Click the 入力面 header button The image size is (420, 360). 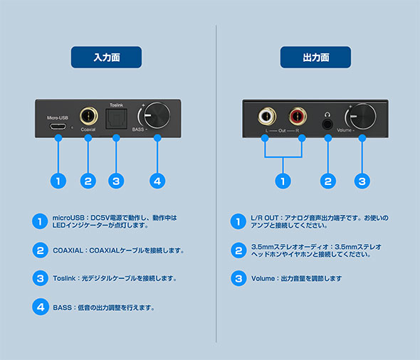click(106, 58)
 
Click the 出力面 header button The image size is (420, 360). click(315, 58)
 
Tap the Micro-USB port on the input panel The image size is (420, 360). click(58, 127)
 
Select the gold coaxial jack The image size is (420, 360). click(89, 116)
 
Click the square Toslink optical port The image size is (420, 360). click(116, 120)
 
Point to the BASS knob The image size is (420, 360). click(157, 115)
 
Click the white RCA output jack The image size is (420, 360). click(267, 116)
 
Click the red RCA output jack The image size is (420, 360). click(298, 116)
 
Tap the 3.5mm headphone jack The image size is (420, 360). click(327, 125)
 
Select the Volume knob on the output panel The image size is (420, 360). click(362, 116)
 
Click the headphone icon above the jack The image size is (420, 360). click(327, 115)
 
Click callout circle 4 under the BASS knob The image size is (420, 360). click(157, 181)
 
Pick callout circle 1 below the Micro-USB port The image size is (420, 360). click(58, 181)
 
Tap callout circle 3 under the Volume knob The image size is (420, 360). click(362, 181)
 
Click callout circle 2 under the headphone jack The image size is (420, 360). click(328, 181)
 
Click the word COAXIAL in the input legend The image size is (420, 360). click(68, 250)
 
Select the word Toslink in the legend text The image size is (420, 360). click(64, 278)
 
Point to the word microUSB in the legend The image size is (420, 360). click(68, 218)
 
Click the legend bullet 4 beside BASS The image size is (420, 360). click(41, 307)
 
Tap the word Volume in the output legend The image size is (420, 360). click(263, 279)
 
